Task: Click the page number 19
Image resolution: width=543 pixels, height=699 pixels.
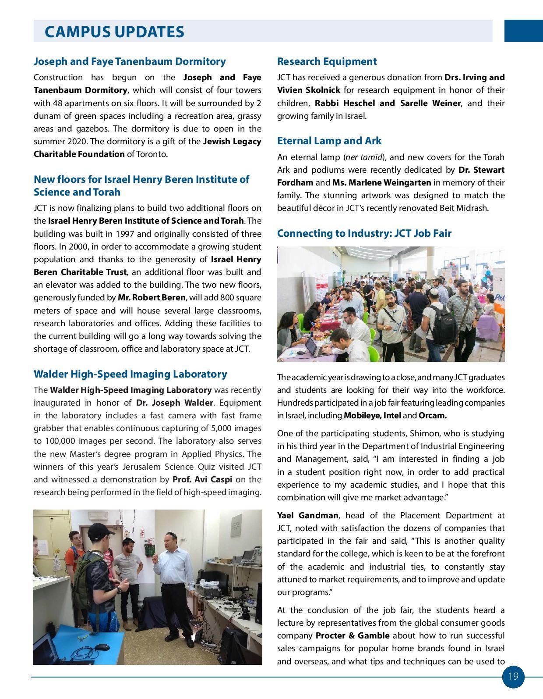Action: point(513,676)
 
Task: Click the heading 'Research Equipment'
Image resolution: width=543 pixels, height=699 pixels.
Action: point(327,61)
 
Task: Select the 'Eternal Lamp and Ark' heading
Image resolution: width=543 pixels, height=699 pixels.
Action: point(329,141)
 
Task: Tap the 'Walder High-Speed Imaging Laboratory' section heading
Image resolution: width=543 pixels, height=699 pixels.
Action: point(130,374)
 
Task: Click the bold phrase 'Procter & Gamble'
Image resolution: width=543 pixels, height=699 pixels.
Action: point(352,635)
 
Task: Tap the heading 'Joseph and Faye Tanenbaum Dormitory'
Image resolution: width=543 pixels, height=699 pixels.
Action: point(130,61)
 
